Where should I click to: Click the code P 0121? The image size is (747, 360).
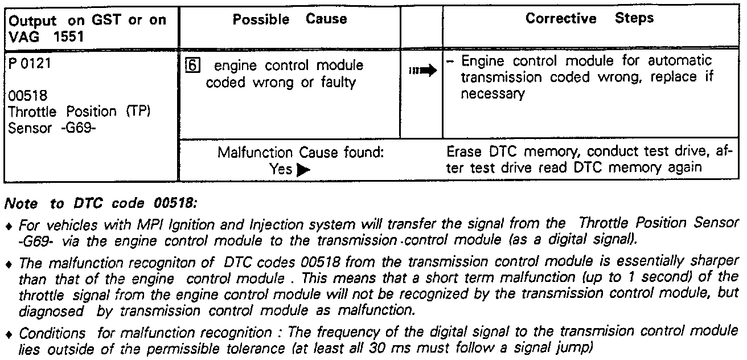point(30,63)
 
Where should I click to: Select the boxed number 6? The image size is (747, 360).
point(192,66)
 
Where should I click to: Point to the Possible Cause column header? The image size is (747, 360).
point(290,19)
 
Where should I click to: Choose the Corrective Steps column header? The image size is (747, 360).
point(589,19)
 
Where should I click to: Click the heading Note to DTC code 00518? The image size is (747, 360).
point(100,203)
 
